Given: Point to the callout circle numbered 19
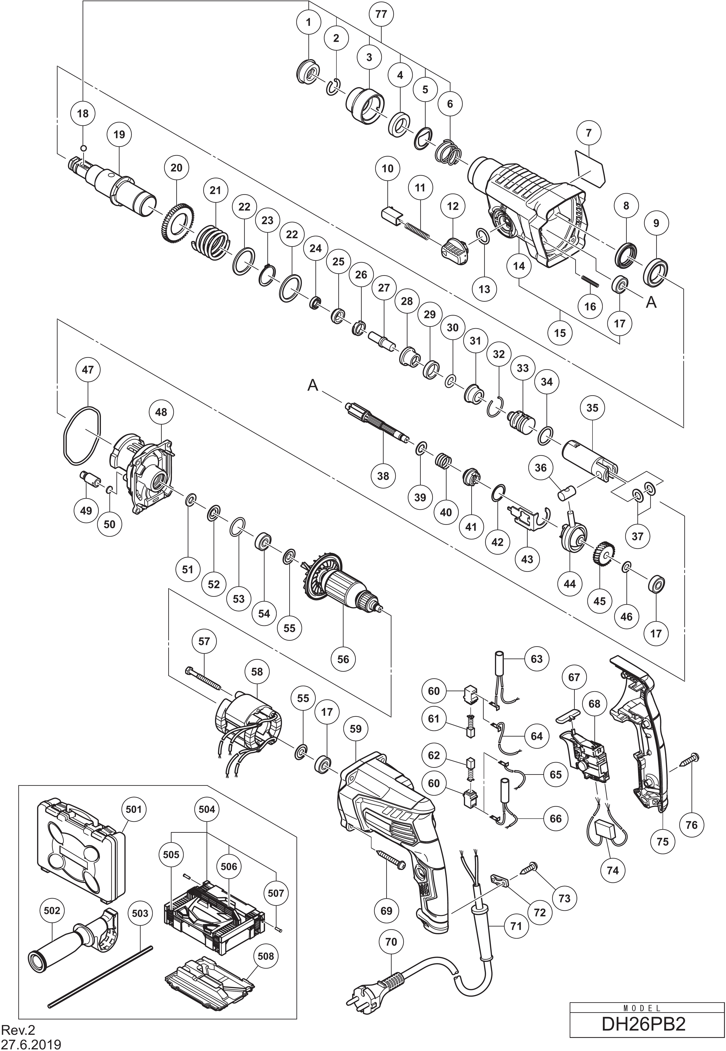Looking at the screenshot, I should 119,135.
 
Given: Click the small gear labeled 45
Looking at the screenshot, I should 603,553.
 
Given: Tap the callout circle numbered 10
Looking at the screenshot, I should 388,168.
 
